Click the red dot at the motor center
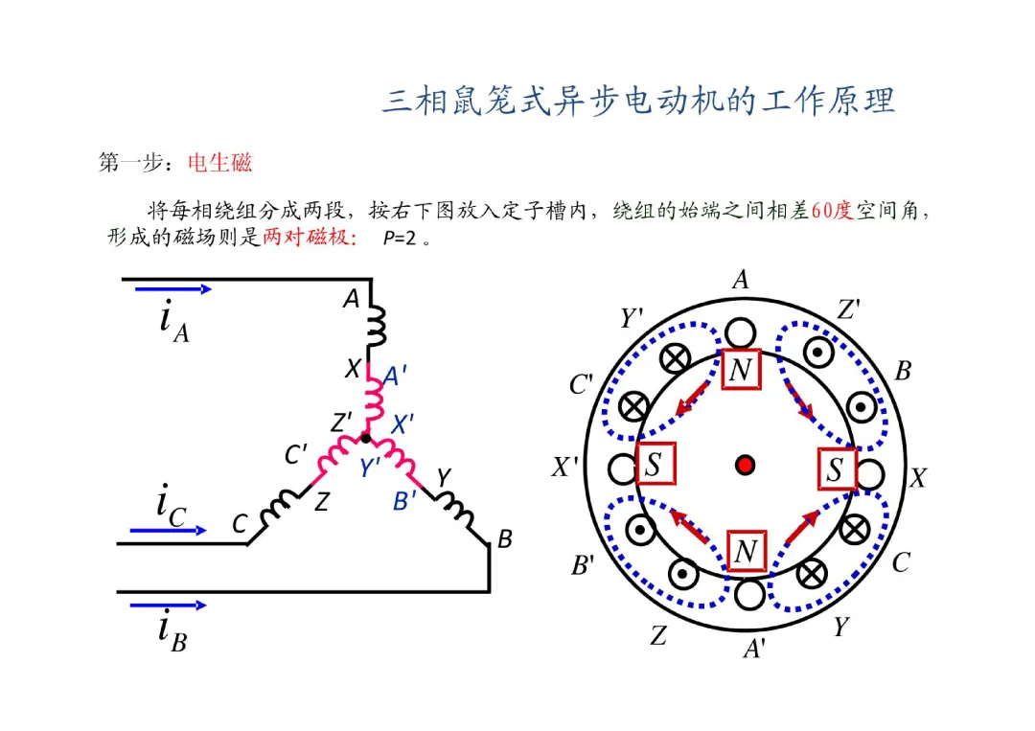pyautogui.click(x=745, y=465)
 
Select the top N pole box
pyautogui.click(x=740, y=370)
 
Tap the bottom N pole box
pyautogui.click(x=747, y=551)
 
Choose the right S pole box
pyautogui.click(x=836, y=468)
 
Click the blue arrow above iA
pyautogui.click(x=172, y=287)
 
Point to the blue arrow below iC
pyautogui.click(x=169, y=529)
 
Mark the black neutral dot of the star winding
pyautogui.click(x=365, y=438)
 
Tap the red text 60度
pyautogui.click(x=831, y=211)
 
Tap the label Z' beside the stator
pyautogui.click(x=848, y=309)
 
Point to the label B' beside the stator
pyautogui.click(x=584, y=566)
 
